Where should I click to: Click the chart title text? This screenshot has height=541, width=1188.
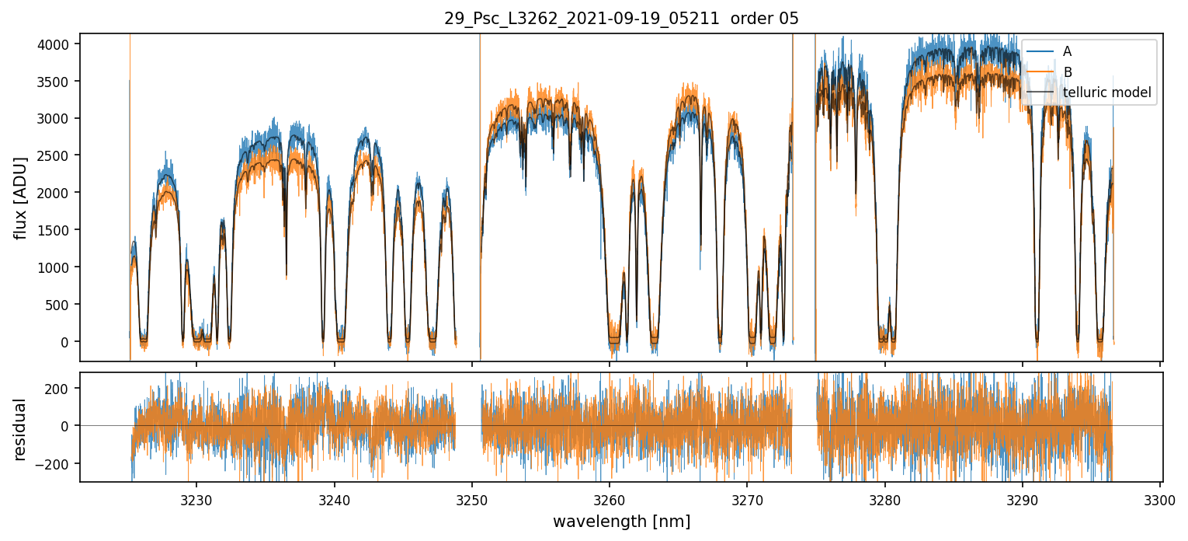point(621,19)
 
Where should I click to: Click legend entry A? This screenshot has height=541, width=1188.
point(1067,51)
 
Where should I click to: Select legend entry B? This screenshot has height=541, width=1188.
point(1067,72)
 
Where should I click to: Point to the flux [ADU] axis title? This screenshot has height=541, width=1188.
point(22,197)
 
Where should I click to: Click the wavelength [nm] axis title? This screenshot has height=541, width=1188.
point(621,522)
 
